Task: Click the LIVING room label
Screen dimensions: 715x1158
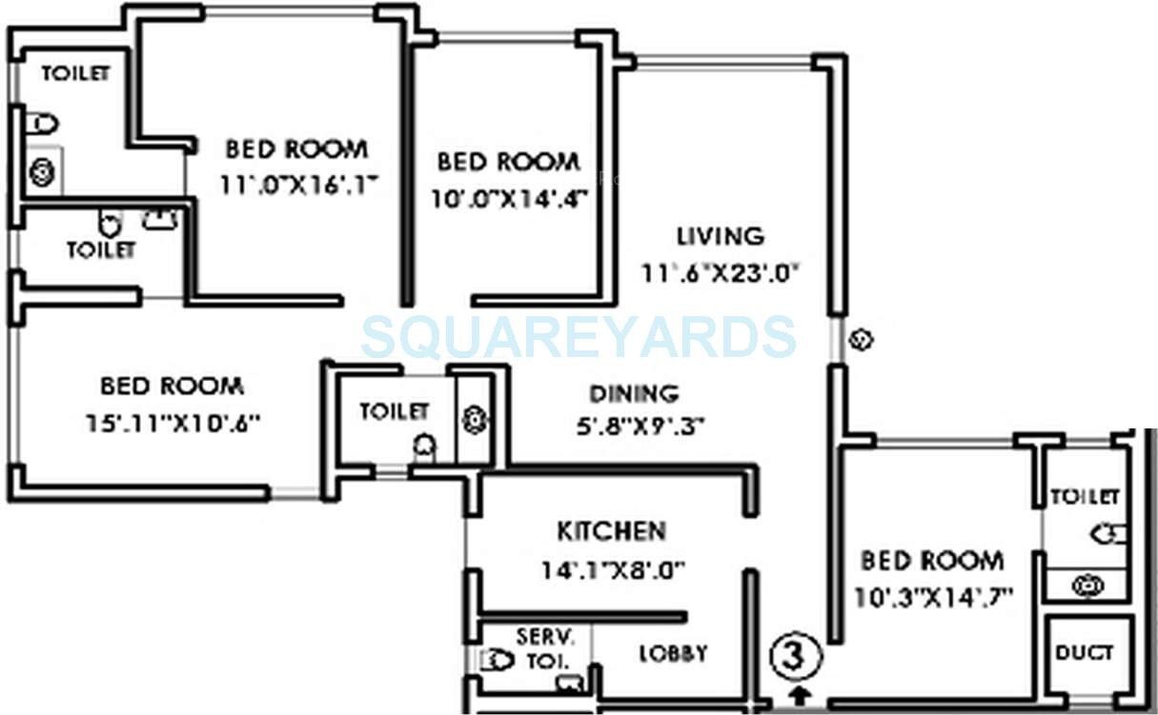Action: click(720, 235)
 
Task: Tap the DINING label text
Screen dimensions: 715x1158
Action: click(633, 393)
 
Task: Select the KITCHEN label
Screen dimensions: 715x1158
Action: click(611, 530)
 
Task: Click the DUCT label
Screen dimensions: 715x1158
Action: click(1085, 653)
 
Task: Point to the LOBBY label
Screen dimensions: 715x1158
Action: click(673, 654)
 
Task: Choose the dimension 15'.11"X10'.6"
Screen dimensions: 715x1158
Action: click(173, 422)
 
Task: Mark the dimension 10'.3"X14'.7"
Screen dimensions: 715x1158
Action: click(932, 597)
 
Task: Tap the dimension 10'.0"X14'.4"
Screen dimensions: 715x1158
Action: click(509, 198)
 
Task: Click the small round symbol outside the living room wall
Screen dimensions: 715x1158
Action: click(861, 338)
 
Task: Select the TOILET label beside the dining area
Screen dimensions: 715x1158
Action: click(394, 411)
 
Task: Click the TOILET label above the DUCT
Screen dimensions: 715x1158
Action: click(1085, 497)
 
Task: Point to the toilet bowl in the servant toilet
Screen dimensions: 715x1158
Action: click(497, 660)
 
